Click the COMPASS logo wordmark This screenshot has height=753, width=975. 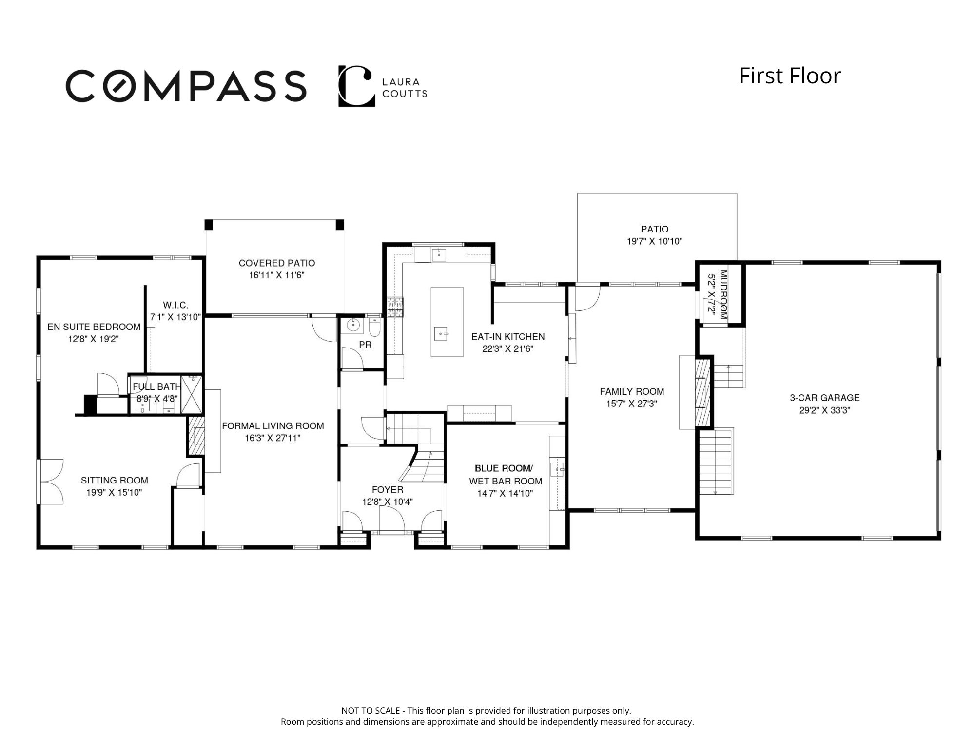(186, 86)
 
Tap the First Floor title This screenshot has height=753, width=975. (790, 76)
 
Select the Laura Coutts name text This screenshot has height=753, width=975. (405, 88)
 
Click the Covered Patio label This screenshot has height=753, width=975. (277, 263)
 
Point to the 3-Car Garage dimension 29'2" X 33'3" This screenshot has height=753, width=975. (825, 410)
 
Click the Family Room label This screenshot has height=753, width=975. (632, 391)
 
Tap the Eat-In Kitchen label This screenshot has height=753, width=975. (508, 337)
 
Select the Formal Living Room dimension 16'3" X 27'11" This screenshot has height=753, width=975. (273, 438)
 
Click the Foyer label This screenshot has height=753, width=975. (388, 490)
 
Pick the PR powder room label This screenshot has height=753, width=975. (365, 345)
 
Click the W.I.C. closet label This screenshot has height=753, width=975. (175, 305)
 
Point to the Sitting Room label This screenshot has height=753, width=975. (115, 481)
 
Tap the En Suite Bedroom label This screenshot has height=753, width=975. (94, 327)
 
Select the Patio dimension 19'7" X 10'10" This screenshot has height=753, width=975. (655, 241)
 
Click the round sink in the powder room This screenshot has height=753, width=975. (352, 324)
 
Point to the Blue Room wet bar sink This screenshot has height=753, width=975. (557, 469)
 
